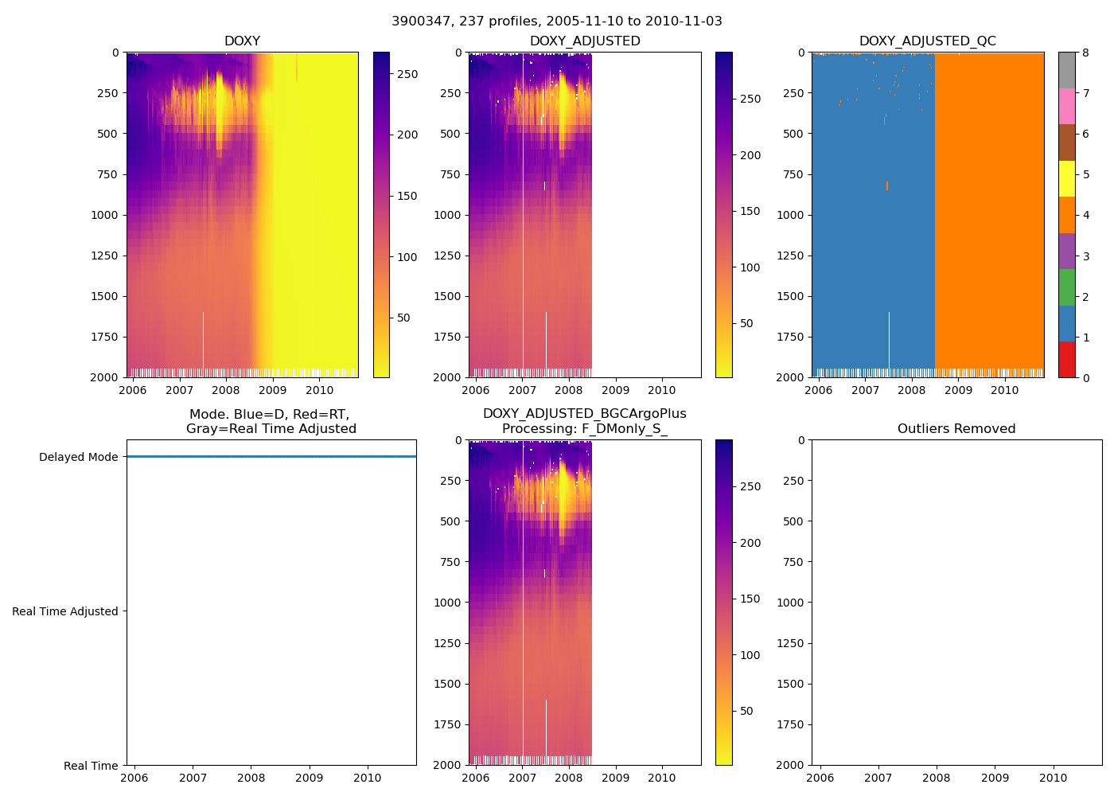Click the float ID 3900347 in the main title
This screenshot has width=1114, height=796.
(416, 21)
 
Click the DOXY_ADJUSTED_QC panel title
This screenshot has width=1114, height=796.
(927, 41)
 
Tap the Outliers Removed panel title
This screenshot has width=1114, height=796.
(956, 429)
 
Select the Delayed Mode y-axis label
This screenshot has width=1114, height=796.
(78, 457)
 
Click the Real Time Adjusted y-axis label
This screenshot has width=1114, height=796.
(64, 611)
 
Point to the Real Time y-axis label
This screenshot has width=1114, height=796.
(91, 766)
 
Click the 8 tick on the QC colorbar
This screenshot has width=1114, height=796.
(1086, 53)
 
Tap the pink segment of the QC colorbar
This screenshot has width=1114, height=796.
(1066, 106)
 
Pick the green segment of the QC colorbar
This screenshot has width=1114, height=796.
(1066, 287)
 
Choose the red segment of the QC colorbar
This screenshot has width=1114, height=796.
(1066, 359)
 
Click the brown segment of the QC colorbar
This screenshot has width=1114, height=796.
(1066, 142)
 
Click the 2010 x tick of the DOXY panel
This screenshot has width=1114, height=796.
(320, 390)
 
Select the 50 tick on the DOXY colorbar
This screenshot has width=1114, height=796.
(403, 318)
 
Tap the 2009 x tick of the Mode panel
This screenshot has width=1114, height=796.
(310, 778)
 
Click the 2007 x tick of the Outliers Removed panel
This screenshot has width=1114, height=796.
(878, 778)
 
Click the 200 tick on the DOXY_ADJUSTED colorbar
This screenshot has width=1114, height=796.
(750, 155)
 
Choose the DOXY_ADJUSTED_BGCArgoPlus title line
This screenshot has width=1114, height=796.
(584, 414)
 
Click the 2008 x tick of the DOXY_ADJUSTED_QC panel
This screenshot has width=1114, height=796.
(912, 390)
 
